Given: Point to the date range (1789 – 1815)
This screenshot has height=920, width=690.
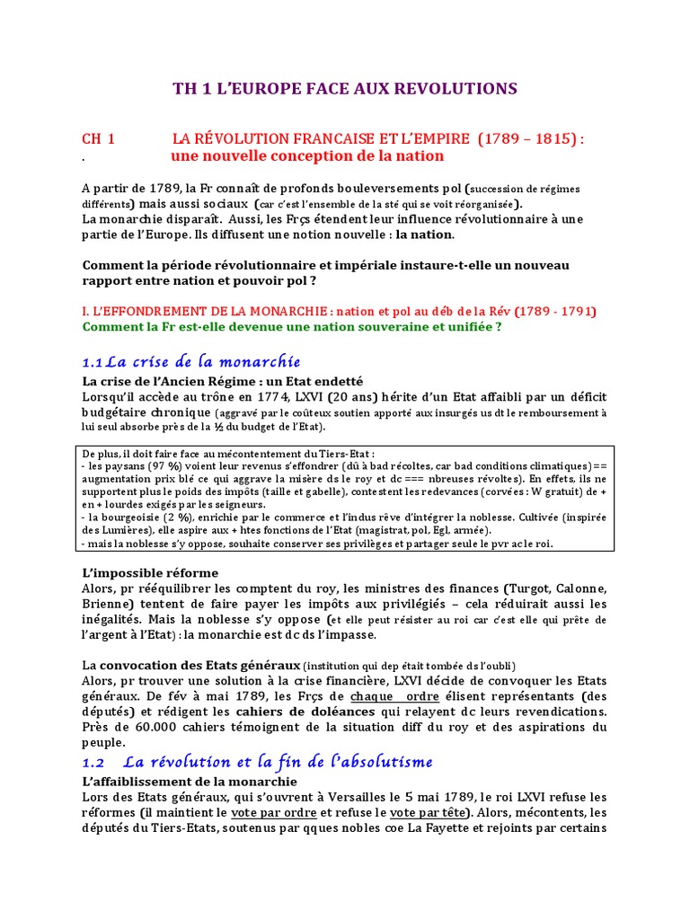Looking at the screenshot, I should click(x=527, y=139).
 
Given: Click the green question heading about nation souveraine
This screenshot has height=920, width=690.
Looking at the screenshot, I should click(x=305, y=327).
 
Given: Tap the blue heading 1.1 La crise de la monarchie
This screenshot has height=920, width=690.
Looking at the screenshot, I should click(x=190, y=362).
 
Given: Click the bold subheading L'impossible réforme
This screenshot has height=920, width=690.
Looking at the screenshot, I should click(x=150, y=572).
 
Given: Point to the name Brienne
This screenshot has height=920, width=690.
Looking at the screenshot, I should click(x=106, y=604).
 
